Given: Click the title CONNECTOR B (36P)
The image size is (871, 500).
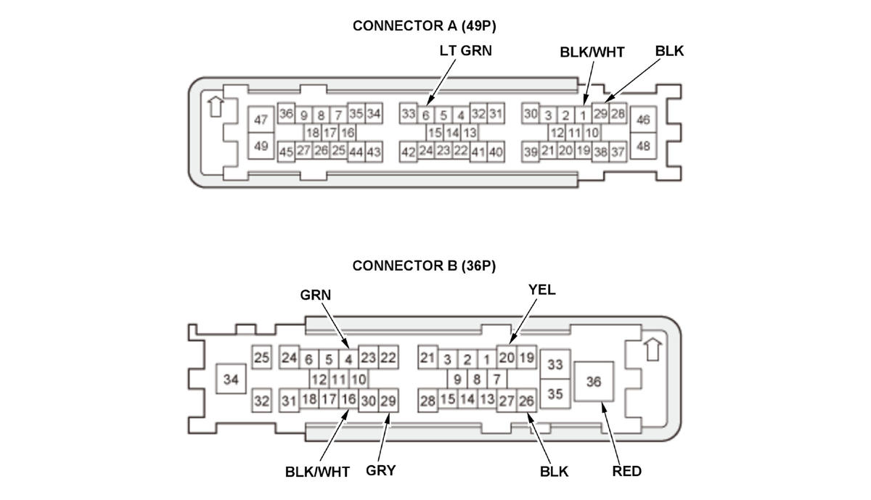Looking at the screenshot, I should point(424,266).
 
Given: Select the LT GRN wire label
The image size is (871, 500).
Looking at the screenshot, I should point(465,52).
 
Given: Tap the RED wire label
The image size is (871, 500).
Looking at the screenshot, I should point(626,471).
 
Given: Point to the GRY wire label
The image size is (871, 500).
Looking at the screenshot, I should point(380,470).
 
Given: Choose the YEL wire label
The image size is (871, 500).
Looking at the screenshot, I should point(541,290).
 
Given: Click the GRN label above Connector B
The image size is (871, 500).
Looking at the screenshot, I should point(315,295).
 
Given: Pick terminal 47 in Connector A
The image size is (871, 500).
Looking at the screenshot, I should point(261,120).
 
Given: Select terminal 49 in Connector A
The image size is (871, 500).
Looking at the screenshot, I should point(261,147).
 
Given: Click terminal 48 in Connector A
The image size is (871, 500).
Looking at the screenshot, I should point(643,146).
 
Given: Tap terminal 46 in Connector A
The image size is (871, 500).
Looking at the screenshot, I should point(643,120).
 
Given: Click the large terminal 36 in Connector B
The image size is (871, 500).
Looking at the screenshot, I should point(594,381).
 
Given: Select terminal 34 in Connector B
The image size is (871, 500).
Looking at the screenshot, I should point(232,379).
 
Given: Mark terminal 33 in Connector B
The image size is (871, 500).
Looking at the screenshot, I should point(555,364).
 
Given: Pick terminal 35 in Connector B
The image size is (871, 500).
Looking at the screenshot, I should point(555,394).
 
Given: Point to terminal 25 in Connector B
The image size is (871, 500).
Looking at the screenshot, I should point(261,357).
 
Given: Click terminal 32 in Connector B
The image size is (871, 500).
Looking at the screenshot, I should point(261,401).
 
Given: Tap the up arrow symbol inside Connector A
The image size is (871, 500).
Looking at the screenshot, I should point(214,106).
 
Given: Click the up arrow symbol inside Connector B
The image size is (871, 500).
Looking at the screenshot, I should point(653,349).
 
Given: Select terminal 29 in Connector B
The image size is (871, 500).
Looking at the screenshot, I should point(388,401).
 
